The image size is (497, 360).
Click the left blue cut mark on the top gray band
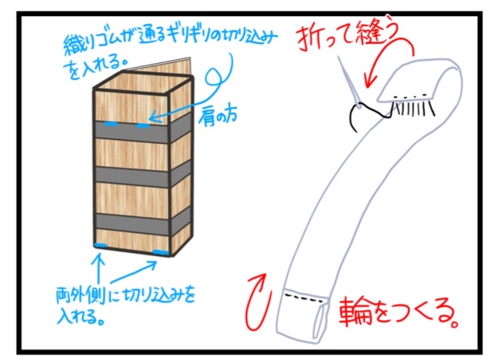pos(111,124)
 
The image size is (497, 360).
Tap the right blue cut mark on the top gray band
pos(144,125)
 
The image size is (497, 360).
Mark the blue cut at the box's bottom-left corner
pos(100,245)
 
